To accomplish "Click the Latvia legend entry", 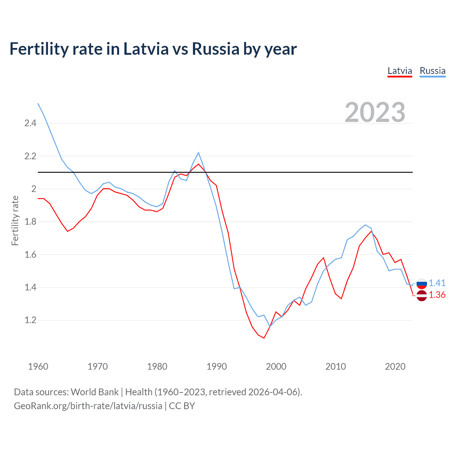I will (400, 71).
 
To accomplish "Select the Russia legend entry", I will (432, 71).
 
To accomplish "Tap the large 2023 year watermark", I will (375, 112).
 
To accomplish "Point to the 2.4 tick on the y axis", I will (30, 123).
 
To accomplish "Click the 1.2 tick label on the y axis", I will (30, 320).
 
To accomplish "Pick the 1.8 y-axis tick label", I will (30, 222).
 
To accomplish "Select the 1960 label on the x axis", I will (38, 366).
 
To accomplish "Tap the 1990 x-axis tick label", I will (216, 366).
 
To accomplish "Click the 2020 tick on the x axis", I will (395, 366).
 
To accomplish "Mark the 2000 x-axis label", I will (276, 366).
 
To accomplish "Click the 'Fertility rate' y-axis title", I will (15, 220).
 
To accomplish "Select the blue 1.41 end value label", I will (437, 283).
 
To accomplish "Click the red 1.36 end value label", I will (437, 295).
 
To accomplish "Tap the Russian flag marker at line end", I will (422, 283).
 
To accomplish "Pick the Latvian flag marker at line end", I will (422, 296).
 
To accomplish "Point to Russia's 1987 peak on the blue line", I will (198, 152).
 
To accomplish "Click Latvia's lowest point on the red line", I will (264, 338).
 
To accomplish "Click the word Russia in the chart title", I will (215, 49).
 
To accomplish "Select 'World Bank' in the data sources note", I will (95, 392).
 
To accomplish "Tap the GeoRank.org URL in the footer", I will (88, 406).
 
